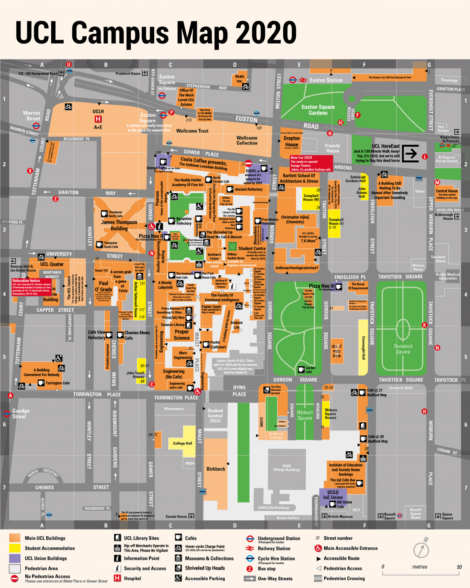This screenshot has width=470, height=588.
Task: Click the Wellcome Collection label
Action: click(247, 141)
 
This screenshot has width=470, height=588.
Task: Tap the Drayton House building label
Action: click(292, 142)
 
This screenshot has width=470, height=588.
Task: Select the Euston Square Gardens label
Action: click(318, 110)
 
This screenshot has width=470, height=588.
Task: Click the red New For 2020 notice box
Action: click(311, 163)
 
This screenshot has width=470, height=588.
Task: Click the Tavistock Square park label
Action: click(403, 349)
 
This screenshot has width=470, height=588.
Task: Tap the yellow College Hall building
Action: click(183, 443)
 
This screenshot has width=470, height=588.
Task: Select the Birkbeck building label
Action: click(216, 469)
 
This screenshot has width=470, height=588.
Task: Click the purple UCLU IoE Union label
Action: click(333, 495)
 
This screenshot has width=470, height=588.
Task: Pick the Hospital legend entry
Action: click(132, 579)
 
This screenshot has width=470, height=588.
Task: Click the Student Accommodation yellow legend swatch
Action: click(15, 548)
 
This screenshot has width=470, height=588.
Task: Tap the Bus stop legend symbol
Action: click(250, 569)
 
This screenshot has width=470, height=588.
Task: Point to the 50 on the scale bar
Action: click(459, 567)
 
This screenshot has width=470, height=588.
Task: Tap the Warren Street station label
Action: click(32, 116)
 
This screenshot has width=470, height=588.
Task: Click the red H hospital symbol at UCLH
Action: click(98, 119)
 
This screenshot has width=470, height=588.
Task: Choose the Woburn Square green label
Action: click(305, 415)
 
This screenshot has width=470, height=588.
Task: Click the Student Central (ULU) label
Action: click(215, 416)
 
